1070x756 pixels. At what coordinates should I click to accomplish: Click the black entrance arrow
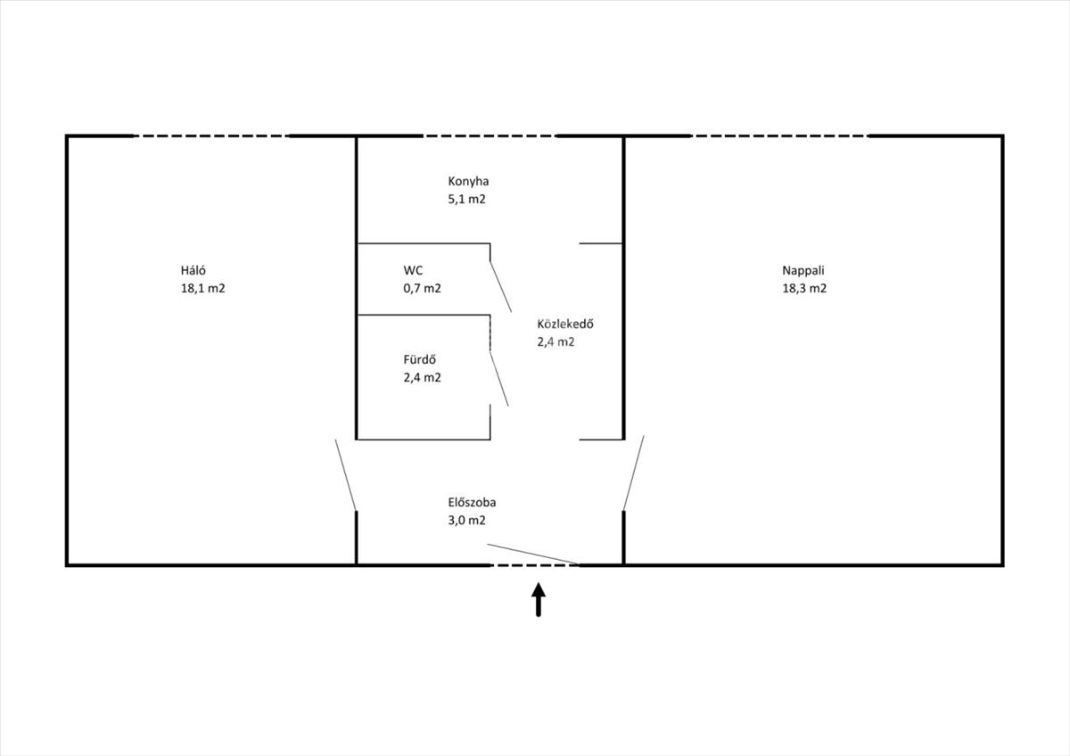click(539, 600)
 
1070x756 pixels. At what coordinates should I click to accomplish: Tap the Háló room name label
click(193, 270)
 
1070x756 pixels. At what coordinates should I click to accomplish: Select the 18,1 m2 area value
click(203, 289)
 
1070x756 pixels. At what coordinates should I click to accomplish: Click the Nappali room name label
click(803, 271)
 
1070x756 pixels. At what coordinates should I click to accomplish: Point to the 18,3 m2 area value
click(804, 289)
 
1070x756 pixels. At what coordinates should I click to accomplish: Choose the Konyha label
click(468, 182)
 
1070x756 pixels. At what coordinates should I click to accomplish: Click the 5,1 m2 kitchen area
click(466, 199)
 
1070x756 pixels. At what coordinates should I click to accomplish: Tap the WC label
click(413, 270)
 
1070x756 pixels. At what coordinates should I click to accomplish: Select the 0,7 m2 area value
click(423, 289)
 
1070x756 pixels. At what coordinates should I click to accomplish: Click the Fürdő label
click(419, 359)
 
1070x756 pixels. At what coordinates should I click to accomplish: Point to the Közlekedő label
click(565, 324)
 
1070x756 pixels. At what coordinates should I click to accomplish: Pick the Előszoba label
click(472, 503)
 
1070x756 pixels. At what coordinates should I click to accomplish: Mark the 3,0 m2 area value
click(466, 520)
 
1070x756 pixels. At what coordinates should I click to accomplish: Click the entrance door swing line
click(533, 554)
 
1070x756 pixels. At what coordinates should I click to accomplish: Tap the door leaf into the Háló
click(346, 474)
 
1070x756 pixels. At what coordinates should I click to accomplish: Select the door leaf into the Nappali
click(633, 472)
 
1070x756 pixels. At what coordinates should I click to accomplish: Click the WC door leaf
click(500, 286)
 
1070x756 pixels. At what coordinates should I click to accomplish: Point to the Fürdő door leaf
click(499, 379)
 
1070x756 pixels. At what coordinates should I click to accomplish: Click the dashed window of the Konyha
click(490, 136)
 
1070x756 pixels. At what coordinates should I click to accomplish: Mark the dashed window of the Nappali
click(779, 136)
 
